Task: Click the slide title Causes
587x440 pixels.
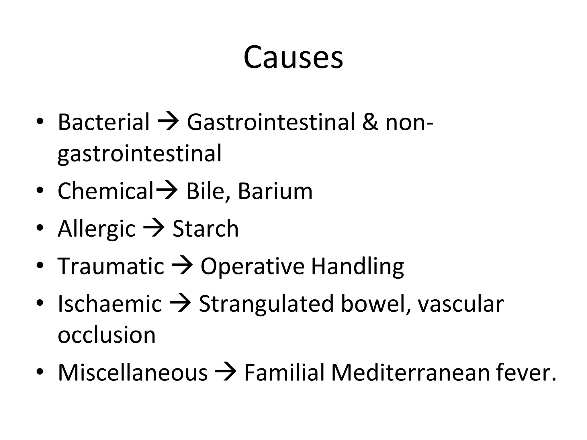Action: [293, 57]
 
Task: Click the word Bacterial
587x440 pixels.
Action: [103, 122]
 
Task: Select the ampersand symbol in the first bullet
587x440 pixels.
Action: [370, 122]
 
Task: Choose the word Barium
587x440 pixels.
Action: [275, 191]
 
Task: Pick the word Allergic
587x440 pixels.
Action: [96, 229]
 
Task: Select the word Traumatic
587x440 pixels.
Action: [111, 266]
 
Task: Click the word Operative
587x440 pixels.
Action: [252, 266]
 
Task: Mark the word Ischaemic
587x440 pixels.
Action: [110, 304]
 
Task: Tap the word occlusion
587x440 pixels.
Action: [106, 335]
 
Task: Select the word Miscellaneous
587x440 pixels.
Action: [132, 372]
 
